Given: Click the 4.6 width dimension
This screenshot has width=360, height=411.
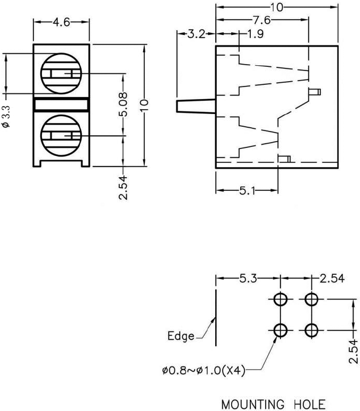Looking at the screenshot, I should (x=62, y=23).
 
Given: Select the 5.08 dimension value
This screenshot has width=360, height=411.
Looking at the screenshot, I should (x=124, y=106).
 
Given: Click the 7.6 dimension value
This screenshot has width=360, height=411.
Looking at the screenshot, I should (x=261, y=21).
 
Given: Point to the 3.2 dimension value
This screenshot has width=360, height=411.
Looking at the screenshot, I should (x=196, y=36).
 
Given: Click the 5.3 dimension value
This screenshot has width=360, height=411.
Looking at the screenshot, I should (x=248, y=278).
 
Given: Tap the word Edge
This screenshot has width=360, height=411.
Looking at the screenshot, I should (x=181, y=336).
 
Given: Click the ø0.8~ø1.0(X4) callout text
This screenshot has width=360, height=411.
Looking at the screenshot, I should (x=204, y=371).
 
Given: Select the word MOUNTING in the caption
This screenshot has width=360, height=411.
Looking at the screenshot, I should (x=252, y=405).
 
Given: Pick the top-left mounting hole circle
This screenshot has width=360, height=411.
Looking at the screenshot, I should (x=280, y=300).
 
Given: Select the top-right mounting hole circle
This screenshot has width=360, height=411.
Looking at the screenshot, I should (x=311, y=300).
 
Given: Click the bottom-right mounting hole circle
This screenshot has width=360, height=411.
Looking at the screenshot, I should (x=311, y=331).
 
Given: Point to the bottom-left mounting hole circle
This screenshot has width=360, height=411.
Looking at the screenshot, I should (x=280, y=331).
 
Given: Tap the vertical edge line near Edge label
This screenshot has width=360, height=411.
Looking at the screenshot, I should (x=215, y=318).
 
